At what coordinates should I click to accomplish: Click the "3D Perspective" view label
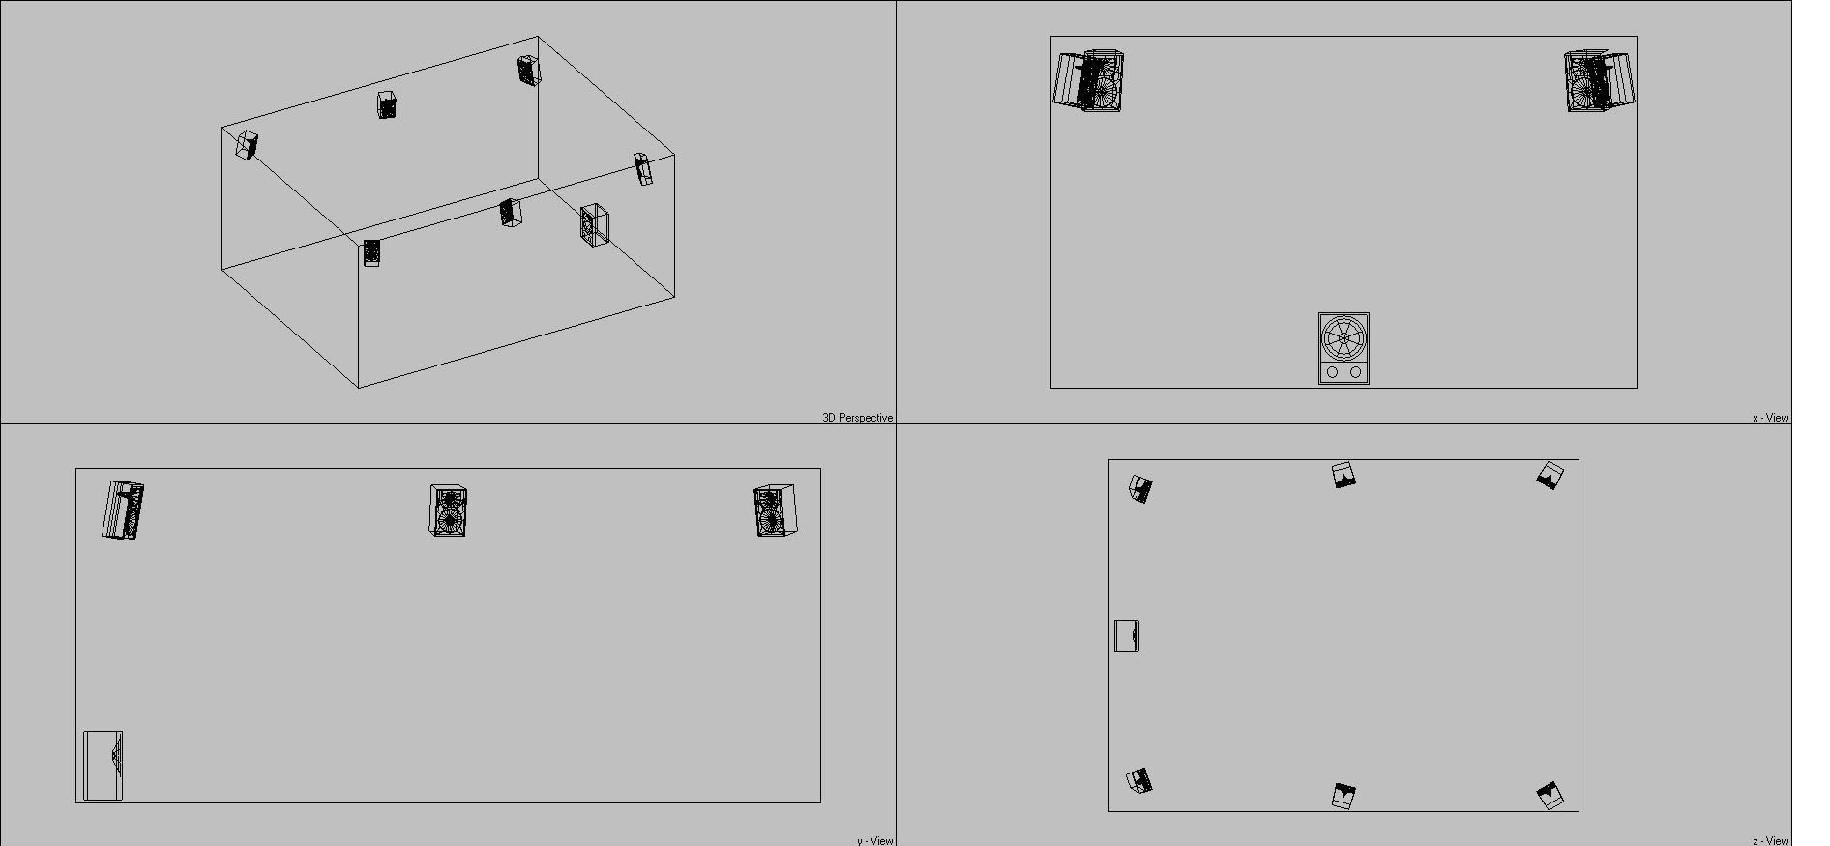857,418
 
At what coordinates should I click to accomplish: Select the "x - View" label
1771,418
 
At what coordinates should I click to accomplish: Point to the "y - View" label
874,840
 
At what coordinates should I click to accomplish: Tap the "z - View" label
1771,840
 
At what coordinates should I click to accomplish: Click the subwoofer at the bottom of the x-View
1343,348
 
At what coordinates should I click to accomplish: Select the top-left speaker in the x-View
1089,80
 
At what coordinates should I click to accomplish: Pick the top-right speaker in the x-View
1599,80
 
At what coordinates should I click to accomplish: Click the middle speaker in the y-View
448,510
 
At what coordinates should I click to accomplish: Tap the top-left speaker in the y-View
123,510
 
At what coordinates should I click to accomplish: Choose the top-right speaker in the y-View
775,510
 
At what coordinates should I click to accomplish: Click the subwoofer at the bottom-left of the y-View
103,766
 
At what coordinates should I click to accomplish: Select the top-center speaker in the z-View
1343,475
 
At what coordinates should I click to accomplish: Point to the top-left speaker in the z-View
1140,488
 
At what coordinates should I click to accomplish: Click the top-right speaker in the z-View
1550,476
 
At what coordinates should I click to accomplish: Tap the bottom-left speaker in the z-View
1139,781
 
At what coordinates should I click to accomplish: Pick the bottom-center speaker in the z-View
1343,796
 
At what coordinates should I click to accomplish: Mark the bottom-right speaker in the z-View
1550,795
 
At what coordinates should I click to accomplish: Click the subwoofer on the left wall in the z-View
1127,635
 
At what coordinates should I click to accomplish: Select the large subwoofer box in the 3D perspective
595,225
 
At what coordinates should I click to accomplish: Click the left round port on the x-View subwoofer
1333,372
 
